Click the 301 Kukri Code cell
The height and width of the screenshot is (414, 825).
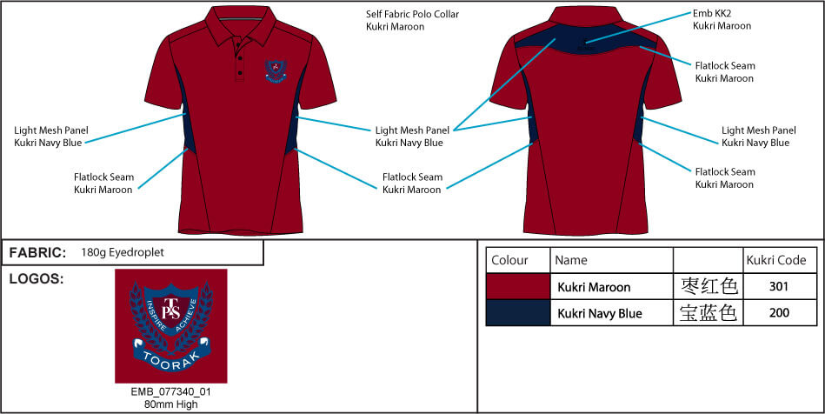(779, 286)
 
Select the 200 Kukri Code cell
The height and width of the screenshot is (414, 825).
(779, 313)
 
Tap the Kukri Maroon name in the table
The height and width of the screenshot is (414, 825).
(594, 287)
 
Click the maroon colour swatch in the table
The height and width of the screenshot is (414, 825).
(518, 286)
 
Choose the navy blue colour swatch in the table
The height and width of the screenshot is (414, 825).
(518, 313)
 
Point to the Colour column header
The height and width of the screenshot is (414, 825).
(509, 260)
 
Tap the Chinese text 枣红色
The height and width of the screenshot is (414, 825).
(709, 286)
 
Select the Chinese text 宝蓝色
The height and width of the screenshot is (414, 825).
(709, 313)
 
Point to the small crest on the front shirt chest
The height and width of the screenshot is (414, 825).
(276, 71)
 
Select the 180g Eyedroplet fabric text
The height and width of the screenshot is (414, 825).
(123, 253)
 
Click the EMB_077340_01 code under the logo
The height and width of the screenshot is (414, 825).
(171, 392)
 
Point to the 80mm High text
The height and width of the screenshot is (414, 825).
(171, 404)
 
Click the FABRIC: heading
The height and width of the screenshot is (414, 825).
(37, 253)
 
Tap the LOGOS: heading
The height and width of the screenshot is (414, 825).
(37, 279)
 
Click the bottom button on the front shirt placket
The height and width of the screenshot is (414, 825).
(240, 71)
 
